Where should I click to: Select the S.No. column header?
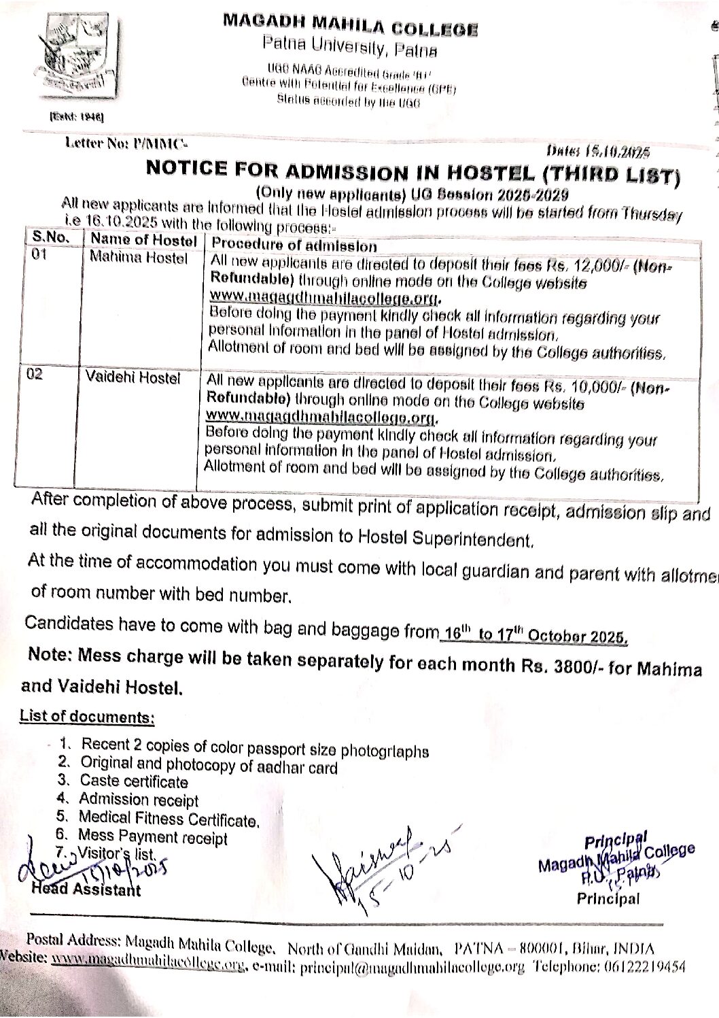point(50,238)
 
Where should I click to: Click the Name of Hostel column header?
point(143,240)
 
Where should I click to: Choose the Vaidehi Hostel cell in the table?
point(133,377)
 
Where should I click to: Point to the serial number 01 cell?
point(39,257)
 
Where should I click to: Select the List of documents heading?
point(87,717)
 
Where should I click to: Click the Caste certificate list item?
point(133,781)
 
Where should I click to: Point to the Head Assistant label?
point(86,889)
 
